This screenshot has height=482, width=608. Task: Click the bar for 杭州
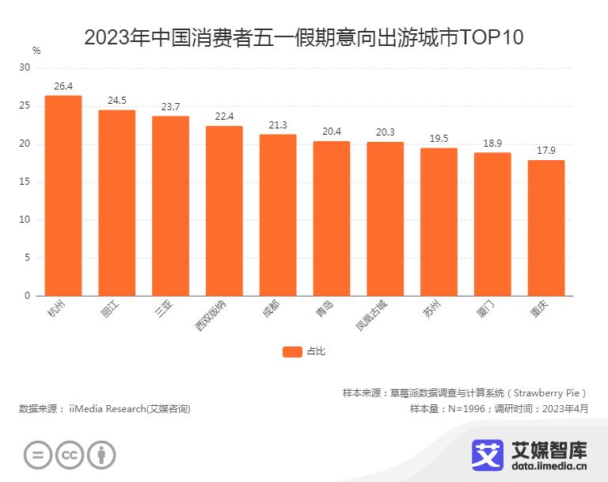tap(63, 196)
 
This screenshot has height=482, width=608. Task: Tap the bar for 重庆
tap(546, 228)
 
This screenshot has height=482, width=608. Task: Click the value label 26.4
tap(63, 86)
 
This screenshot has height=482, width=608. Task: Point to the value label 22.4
tap(224, 117)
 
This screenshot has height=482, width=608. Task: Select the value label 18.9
tap(492, 143)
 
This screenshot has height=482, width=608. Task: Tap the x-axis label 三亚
tap(164, 309)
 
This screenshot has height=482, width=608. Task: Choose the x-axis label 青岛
tap(325, 309)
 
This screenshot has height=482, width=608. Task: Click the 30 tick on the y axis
tap(25, 68)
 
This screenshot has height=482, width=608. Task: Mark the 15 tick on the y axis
tap(25, 182)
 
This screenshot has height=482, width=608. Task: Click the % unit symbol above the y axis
tap(36, 51)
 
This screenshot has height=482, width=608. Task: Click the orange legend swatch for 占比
tap(292, 352)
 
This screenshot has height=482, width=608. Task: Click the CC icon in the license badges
tap(70, 455)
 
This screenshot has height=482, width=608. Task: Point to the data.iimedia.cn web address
tap(530, 468)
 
